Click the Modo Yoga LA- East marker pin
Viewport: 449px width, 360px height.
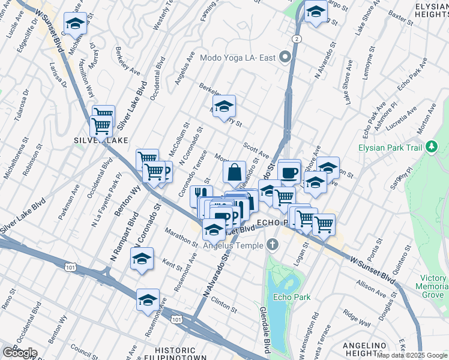pos(285,58)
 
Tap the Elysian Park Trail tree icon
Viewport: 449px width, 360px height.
pos(431,147)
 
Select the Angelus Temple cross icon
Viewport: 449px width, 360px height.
pos(273,245)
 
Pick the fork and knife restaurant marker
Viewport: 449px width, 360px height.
pos(201,196)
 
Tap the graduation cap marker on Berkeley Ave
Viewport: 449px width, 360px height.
pos(224,108)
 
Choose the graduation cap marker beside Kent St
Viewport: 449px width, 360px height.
pos(142,259)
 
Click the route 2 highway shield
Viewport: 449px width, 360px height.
pos(297,38)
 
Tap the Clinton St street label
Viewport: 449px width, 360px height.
pos(224,305)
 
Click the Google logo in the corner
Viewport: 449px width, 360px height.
pos(19,353)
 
